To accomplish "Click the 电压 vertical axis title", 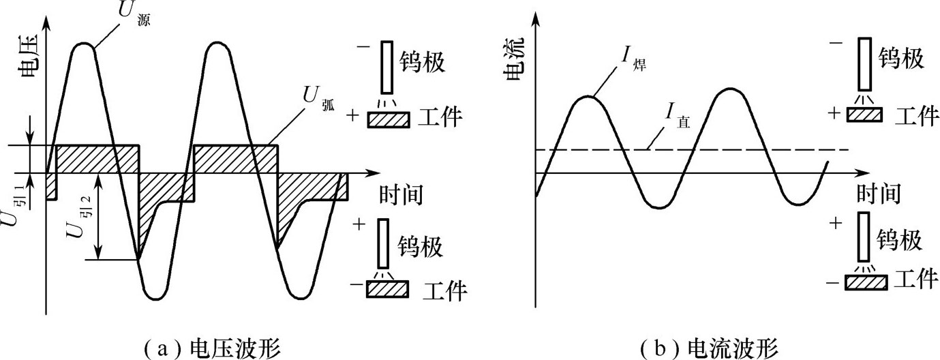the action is tap(29, 56).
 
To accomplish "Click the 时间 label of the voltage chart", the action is tap(401, 195).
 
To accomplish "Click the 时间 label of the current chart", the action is tap(879, 194).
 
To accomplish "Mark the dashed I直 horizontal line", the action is tap(693, 149).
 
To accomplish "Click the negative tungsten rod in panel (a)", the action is tap(387, 67).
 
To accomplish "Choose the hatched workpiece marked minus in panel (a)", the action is tap(387, 290).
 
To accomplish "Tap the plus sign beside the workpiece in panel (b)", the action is tap(834, 113).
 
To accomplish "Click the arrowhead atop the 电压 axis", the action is tap(46, 23).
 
